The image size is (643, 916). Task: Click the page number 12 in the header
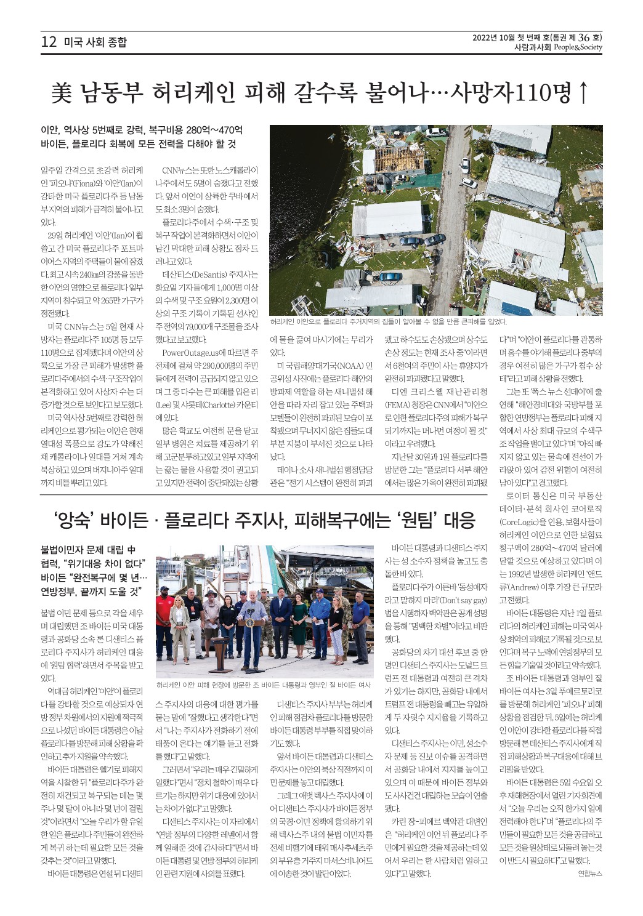click(x=48, y=42)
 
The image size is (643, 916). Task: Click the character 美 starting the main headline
click(x=62, y=93)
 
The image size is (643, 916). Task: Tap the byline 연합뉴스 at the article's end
click(x=589, y=873)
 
